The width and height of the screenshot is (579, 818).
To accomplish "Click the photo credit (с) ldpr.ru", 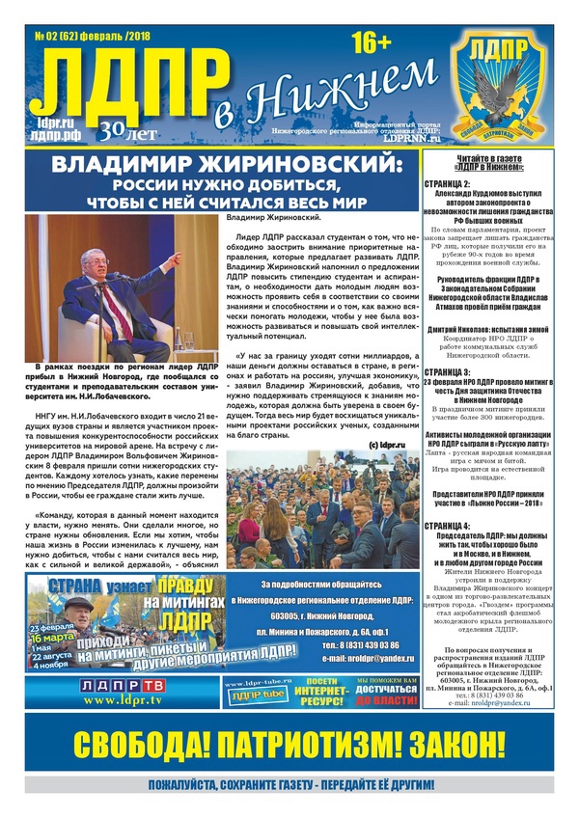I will click(x=387, y=445).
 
